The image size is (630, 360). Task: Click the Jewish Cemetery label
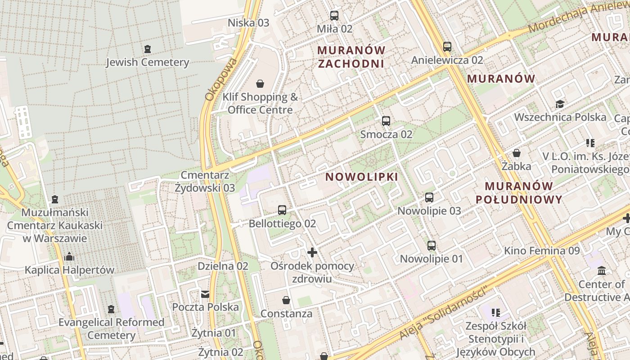pos(147,62)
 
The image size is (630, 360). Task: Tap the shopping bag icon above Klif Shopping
pos(260,84)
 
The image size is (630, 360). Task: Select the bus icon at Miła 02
pos(334,16)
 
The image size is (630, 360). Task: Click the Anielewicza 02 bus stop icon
pos(447,47)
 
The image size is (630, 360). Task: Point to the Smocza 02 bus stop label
pos(386,134)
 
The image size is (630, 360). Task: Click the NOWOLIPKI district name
pos(362,177)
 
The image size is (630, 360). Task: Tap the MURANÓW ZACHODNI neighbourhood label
pos(351,57)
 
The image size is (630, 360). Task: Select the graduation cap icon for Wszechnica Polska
pos(559,104)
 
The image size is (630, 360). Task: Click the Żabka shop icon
pos(517,153)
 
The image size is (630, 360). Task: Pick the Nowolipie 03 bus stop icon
pos(429,198)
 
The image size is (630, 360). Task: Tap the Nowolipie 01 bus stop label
pos(431,259)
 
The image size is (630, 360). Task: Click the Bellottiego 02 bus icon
pos(282,210)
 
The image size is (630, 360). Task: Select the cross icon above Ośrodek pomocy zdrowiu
pos(312,252)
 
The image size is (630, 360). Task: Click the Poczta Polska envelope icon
pos(205,294)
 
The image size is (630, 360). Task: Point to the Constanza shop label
pos(286,313)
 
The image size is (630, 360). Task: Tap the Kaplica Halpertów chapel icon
pos(69,257)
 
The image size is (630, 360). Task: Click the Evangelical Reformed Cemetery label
pos(111,328)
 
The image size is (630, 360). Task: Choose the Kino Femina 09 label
pos(542,251)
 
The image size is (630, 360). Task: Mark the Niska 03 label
pos(248,23)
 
